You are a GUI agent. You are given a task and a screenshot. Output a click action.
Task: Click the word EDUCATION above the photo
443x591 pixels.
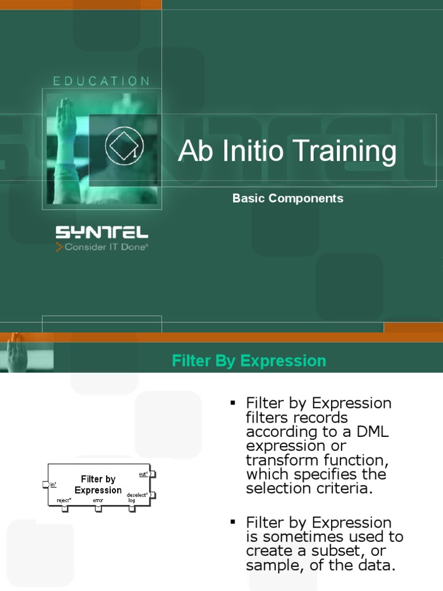(102, 81)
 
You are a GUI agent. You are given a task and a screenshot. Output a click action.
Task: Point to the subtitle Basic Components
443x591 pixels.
(288, 198)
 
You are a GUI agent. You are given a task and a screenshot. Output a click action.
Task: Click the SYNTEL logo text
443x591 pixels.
(102, 233)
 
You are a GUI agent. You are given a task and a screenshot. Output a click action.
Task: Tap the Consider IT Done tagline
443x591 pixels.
(102, 248)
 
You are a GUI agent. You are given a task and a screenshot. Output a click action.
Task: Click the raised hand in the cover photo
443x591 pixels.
(64, 115)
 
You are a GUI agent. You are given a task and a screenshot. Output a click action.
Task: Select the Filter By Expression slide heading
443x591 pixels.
(249, 361)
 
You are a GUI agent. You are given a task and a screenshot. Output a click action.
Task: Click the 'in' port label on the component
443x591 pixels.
(53, 485)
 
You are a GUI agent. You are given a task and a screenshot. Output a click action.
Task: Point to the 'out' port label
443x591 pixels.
(143, 474)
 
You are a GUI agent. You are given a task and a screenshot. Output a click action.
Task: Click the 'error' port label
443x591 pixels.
(98, 500)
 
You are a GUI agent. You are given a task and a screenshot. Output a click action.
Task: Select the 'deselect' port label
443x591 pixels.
(137, 495)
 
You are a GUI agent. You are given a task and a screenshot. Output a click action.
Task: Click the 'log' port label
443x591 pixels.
(132, 500)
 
